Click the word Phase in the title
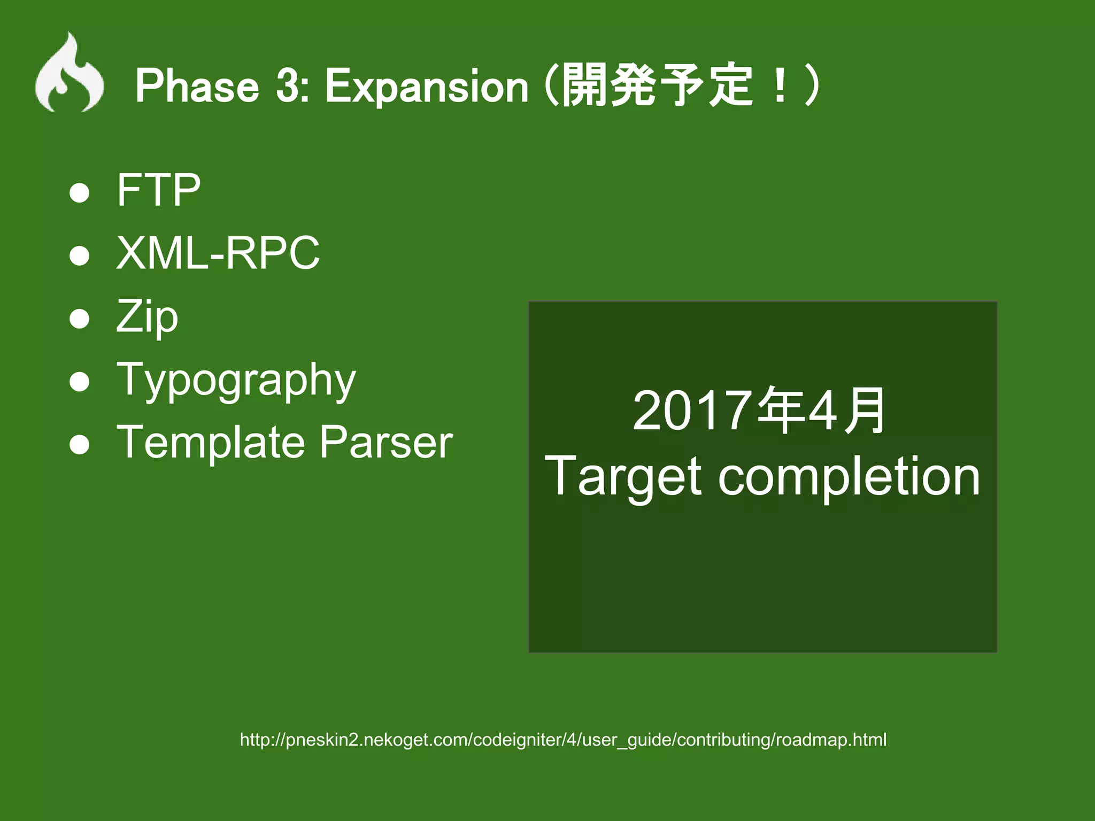pos(197,86)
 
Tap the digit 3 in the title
pos(288,86)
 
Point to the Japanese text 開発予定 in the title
pos(658,86)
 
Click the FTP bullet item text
pos(158,190)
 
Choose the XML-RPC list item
pos(218,253)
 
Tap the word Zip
pos(147,317)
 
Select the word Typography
pos(236,381)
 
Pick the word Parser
pos(386,443)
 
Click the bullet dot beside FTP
pos(80,193)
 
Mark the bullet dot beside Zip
pos(80,319)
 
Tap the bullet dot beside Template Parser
pos(80,445)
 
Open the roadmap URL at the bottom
pos(563,740)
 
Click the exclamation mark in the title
pos(780,86)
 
